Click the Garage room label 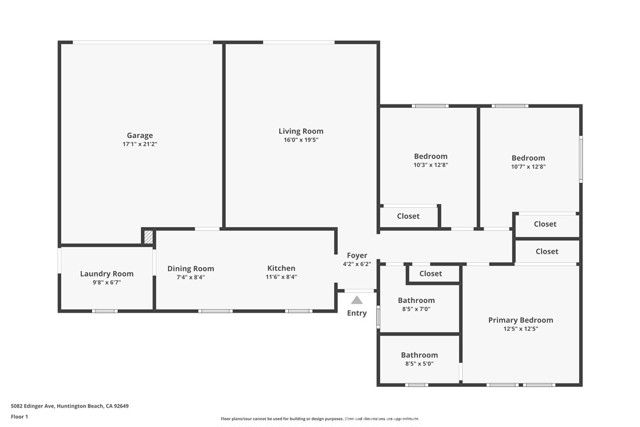pos(140,135)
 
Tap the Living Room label pos(301,131)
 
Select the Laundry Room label pos(107,273)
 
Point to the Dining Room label pos(191,268)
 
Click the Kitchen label pos(281,268)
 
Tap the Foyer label pos(357,256)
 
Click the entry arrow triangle pos(357,299)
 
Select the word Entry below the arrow pos(357,313)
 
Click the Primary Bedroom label pos(520,320)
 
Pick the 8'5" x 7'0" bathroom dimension pos(417,309)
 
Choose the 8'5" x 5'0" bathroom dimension pos(419,364)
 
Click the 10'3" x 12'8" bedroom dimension pos(431,165)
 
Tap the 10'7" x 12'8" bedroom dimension pos(528,167)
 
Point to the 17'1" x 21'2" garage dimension pos(140,145)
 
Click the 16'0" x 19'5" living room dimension pos(301,141)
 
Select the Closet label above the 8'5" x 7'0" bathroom pos(431,273)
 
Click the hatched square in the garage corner pos(148,237)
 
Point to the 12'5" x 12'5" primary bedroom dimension pos(520,329)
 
